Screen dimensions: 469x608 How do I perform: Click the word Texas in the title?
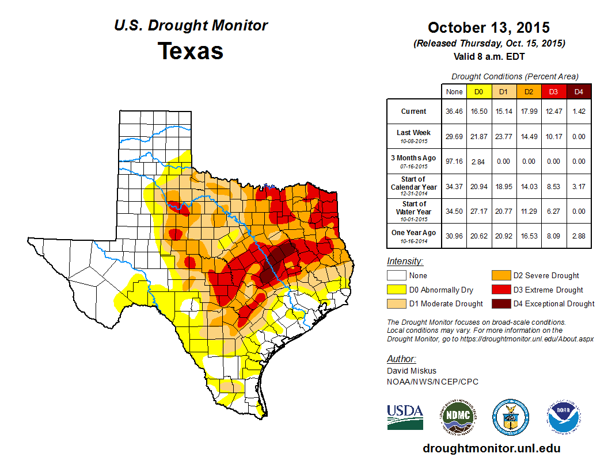[191, 51]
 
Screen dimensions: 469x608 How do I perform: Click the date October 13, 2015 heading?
[489, 28]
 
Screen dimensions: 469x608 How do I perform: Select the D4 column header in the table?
[579, 91]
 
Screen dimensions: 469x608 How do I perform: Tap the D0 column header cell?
[478, 91]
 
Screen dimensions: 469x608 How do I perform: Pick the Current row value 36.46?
[454, 112]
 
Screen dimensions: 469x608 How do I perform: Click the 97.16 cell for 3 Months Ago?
[454, 162]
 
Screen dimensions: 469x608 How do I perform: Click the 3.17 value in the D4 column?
[579, 186]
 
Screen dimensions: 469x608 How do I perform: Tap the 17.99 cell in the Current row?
[529, 112]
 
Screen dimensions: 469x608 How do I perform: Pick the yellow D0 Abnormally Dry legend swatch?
[396, 290]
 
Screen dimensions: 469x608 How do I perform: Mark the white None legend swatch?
[396, 276]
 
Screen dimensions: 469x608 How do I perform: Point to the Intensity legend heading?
[405, 262]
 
